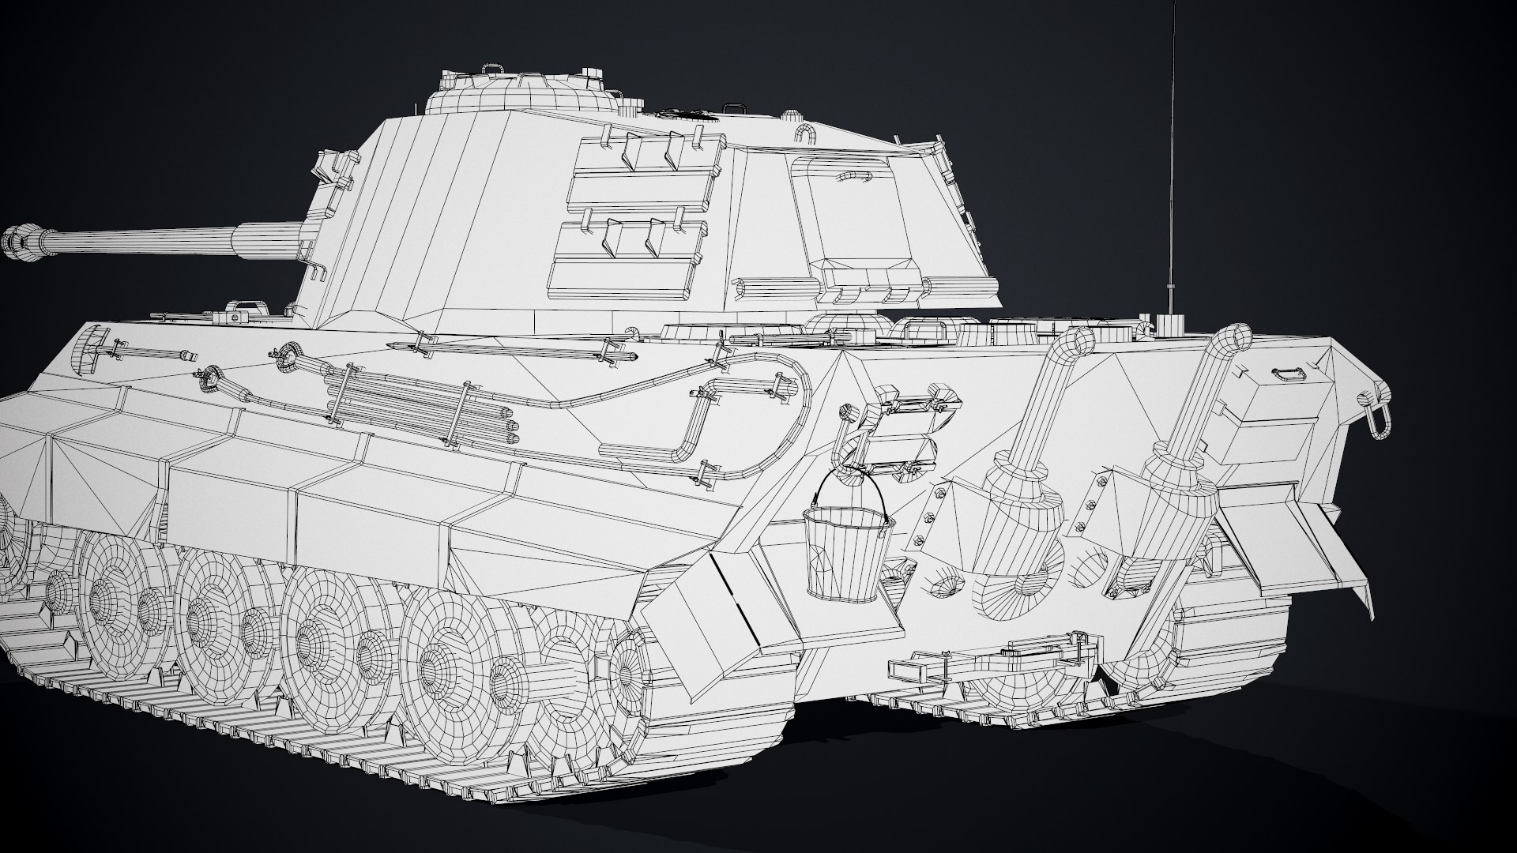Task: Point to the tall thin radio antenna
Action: pos(1172,158)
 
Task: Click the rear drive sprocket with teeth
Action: pos(632,663)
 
